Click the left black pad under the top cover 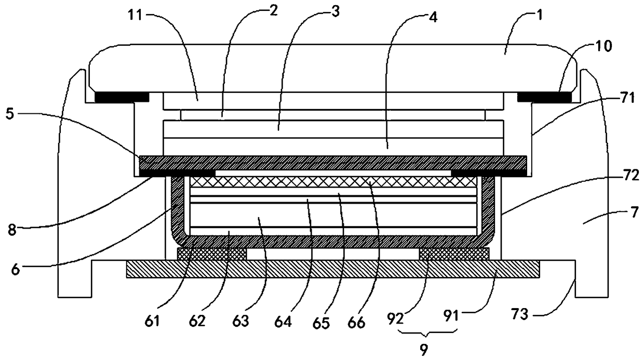(x=122, y=97)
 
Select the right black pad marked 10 (x=544, y=97)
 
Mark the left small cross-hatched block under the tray (x=211, y=254)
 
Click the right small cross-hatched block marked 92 (x=454, y=254)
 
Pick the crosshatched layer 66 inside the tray (x=333, y=182)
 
